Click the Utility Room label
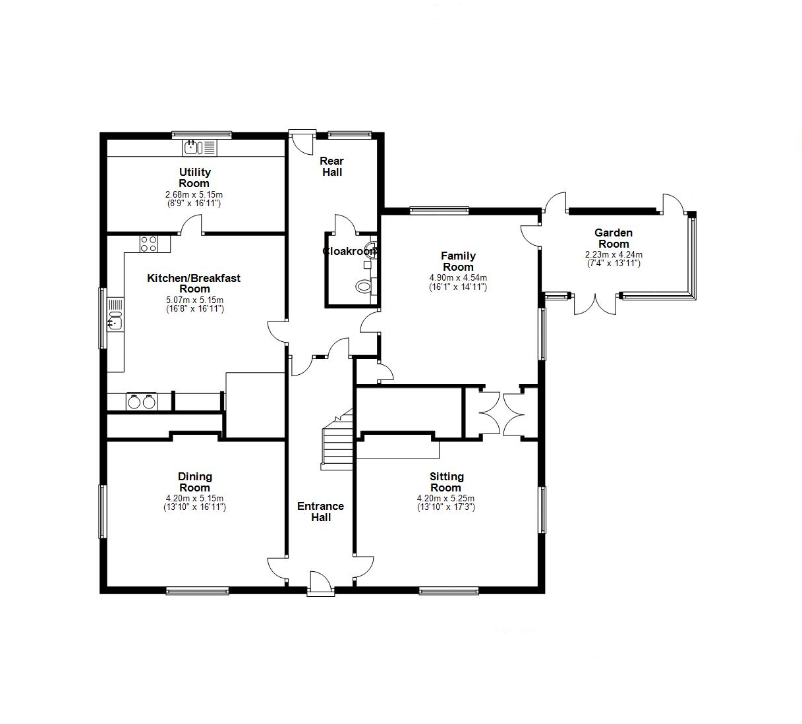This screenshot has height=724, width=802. coord(194,177)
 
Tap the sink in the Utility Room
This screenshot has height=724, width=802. coord(200,148)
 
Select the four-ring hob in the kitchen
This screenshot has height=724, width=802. coord(148,244)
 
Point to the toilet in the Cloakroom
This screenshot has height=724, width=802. coord(364,286)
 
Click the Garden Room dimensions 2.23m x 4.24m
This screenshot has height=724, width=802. coord(614,255)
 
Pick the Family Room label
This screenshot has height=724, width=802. coord(458,261)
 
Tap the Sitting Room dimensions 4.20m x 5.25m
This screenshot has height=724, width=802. coord(445,498)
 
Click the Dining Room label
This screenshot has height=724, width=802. coord(194,482)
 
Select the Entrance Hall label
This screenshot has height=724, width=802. coord(321,512)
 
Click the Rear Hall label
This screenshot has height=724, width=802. coord(332,166)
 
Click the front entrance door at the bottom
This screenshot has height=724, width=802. coord(321,583)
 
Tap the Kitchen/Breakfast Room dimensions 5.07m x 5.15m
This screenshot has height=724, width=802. coord(194,300)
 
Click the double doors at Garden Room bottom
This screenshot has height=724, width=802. coord(595,304)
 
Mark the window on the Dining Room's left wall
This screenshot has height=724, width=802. coord(103,511)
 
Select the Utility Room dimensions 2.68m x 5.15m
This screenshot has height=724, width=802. coord(194,195)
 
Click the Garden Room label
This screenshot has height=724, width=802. coord(614,238)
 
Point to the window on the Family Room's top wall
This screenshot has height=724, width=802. coord(439,210)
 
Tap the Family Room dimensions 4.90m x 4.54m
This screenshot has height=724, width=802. coord(458,277)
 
